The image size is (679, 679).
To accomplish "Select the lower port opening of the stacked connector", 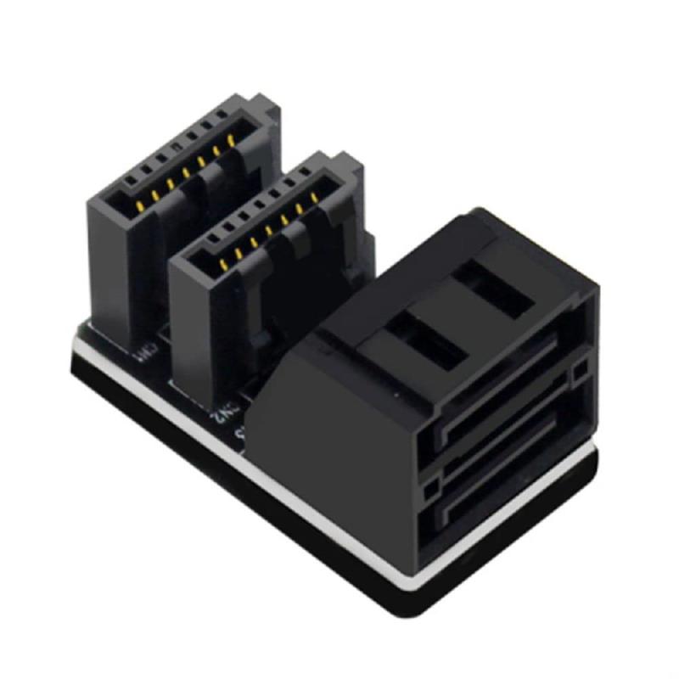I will [501, 492].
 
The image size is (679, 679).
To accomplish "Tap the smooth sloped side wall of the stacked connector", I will [339, 441].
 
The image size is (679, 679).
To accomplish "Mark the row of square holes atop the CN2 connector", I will [255, 212].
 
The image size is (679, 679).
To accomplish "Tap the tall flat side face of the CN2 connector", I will [204, 331].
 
